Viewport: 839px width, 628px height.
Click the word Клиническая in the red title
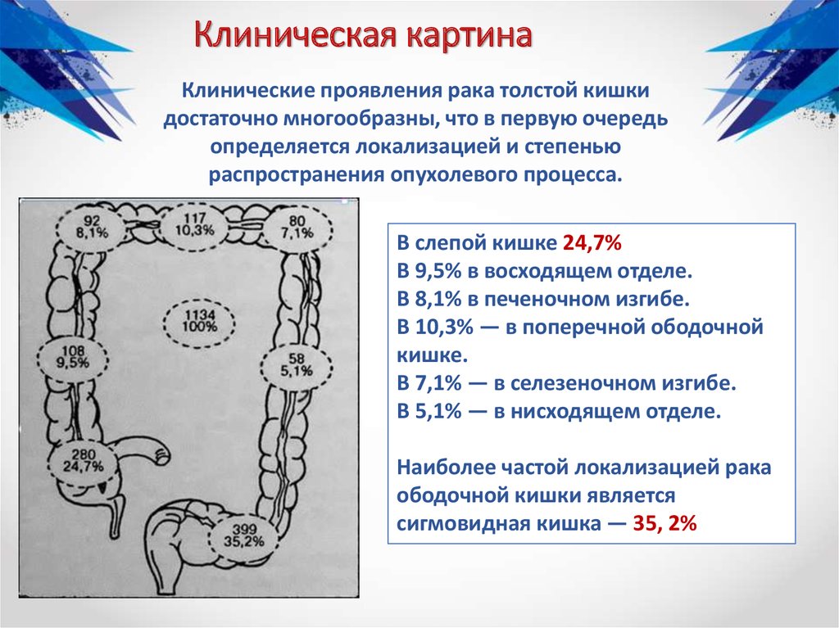[296, 36]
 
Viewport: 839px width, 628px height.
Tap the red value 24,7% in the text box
[592, 243]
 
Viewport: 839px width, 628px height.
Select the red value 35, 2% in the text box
[664, 523]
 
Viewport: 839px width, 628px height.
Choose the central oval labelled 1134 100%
[199, 323]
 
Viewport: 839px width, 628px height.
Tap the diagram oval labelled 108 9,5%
[73, 358]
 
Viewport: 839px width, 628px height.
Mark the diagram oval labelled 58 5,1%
[296, 366]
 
